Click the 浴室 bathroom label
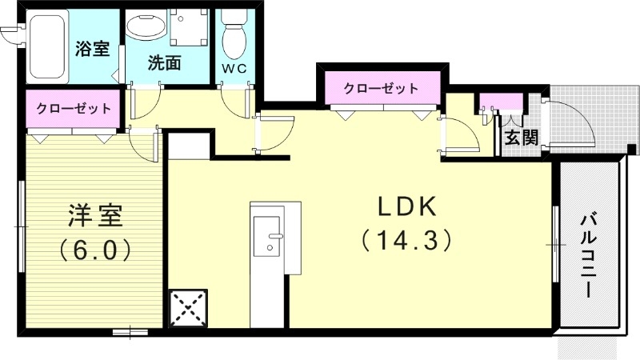(x=92, y=49)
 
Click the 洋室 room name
(x=94, y=216)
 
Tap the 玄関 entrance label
(x=521, y=138)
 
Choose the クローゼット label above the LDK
(x=381, y=88)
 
